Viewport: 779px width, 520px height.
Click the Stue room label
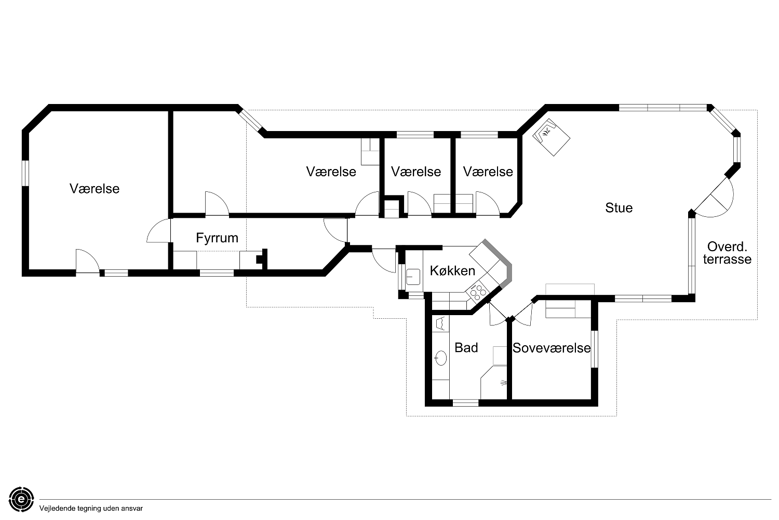pos(619,208)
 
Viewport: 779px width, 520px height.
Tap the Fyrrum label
pos(217,238)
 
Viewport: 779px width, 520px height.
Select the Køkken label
pos(452,270)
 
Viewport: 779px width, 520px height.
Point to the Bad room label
pos(466,347)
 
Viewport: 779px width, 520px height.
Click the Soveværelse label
pos(552,348)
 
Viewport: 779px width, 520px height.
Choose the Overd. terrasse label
pos(727,253)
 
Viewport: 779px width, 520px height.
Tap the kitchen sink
pos(413,277)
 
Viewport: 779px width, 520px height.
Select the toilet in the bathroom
pos(440,323)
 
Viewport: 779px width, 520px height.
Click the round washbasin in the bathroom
pos(440,358)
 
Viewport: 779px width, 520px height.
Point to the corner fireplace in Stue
pos(551,137)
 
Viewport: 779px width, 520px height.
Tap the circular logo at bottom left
pos(22,499)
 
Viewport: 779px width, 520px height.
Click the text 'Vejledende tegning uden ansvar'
pos(91,509)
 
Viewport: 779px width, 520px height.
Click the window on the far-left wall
pos(25,173)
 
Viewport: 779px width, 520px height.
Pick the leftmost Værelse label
pos(95,189)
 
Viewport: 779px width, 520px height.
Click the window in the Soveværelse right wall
pos(595,348)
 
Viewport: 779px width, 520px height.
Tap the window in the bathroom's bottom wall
pos(466,403)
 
